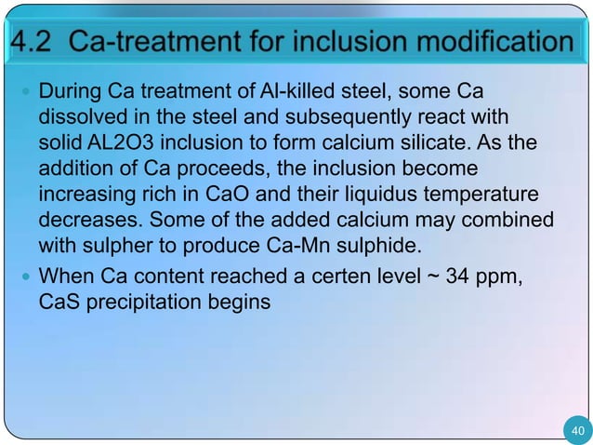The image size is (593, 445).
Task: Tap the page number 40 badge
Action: tap(576, 429)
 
